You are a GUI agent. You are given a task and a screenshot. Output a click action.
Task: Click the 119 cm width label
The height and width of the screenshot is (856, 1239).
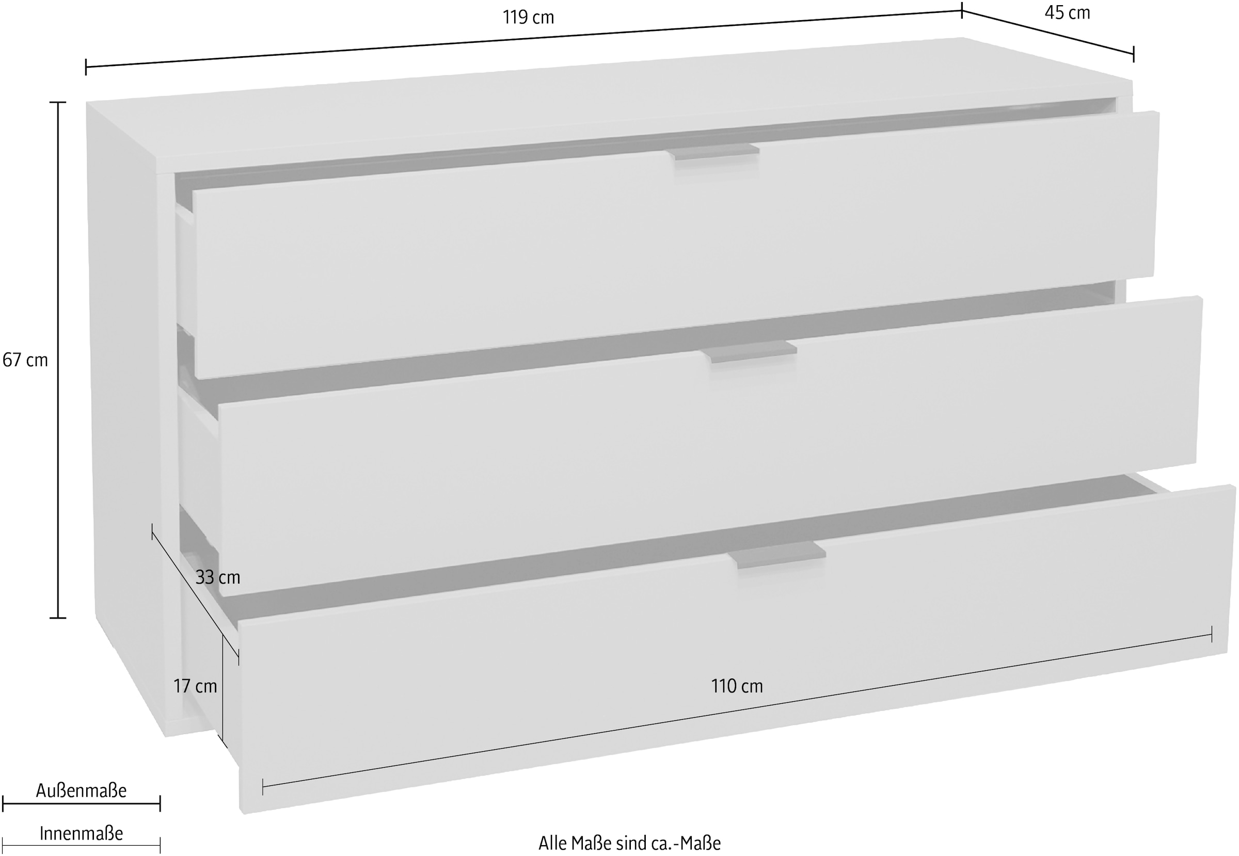tap(528, 17)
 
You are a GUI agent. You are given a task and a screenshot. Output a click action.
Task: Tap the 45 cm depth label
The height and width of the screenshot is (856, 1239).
tap(1067, 12)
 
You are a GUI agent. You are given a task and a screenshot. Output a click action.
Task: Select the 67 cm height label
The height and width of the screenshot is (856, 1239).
tap(25, 360)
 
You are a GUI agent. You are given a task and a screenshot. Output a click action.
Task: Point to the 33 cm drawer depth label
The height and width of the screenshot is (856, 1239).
tap(217, 577)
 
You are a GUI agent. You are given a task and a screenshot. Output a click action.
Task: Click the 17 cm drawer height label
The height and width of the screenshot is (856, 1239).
tap(195, 686)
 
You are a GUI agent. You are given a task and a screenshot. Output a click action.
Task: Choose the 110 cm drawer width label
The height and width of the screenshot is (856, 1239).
tap(737, 686)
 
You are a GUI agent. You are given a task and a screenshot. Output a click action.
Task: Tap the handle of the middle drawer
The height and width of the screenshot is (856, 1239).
tap(750, 351)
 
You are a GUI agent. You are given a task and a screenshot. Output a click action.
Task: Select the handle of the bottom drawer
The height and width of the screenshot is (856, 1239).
tap(777, 555)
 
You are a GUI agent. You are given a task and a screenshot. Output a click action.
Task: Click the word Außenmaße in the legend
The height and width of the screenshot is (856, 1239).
tap(81, 790)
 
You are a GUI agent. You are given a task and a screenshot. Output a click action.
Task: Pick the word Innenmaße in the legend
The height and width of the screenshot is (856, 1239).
tap(81, 833)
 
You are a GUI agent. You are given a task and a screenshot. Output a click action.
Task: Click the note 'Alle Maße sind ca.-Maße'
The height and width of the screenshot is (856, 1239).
tap(629, 843)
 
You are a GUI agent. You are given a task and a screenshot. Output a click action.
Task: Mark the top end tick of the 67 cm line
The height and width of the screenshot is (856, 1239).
tap(58, 102)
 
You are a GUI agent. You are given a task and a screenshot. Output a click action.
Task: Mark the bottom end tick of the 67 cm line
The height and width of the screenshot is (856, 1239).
tap(58, 618)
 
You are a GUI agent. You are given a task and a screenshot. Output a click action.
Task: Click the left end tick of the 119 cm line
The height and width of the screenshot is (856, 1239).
tap(86, 67)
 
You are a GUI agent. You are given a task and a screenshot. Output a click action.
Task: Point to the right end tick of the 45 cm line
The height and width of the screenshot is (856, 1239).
tap(1133, 54)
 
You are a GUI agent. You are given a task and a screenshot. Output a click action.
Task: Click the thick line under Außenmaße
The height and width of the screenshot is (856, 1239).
tap(81, 803)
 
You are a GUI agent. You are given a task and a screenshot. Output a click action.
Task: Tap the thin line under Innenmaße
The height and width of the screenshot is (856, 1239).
tap(81, 845)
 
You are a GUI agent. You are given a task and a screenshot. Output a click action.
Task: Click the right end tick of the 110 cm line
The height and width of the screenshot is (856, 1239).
tap(1212, 634)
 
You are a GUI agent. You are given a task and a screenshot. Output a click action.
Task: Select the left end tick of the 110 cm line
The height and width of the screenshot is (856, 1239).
tap(263, 786)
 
